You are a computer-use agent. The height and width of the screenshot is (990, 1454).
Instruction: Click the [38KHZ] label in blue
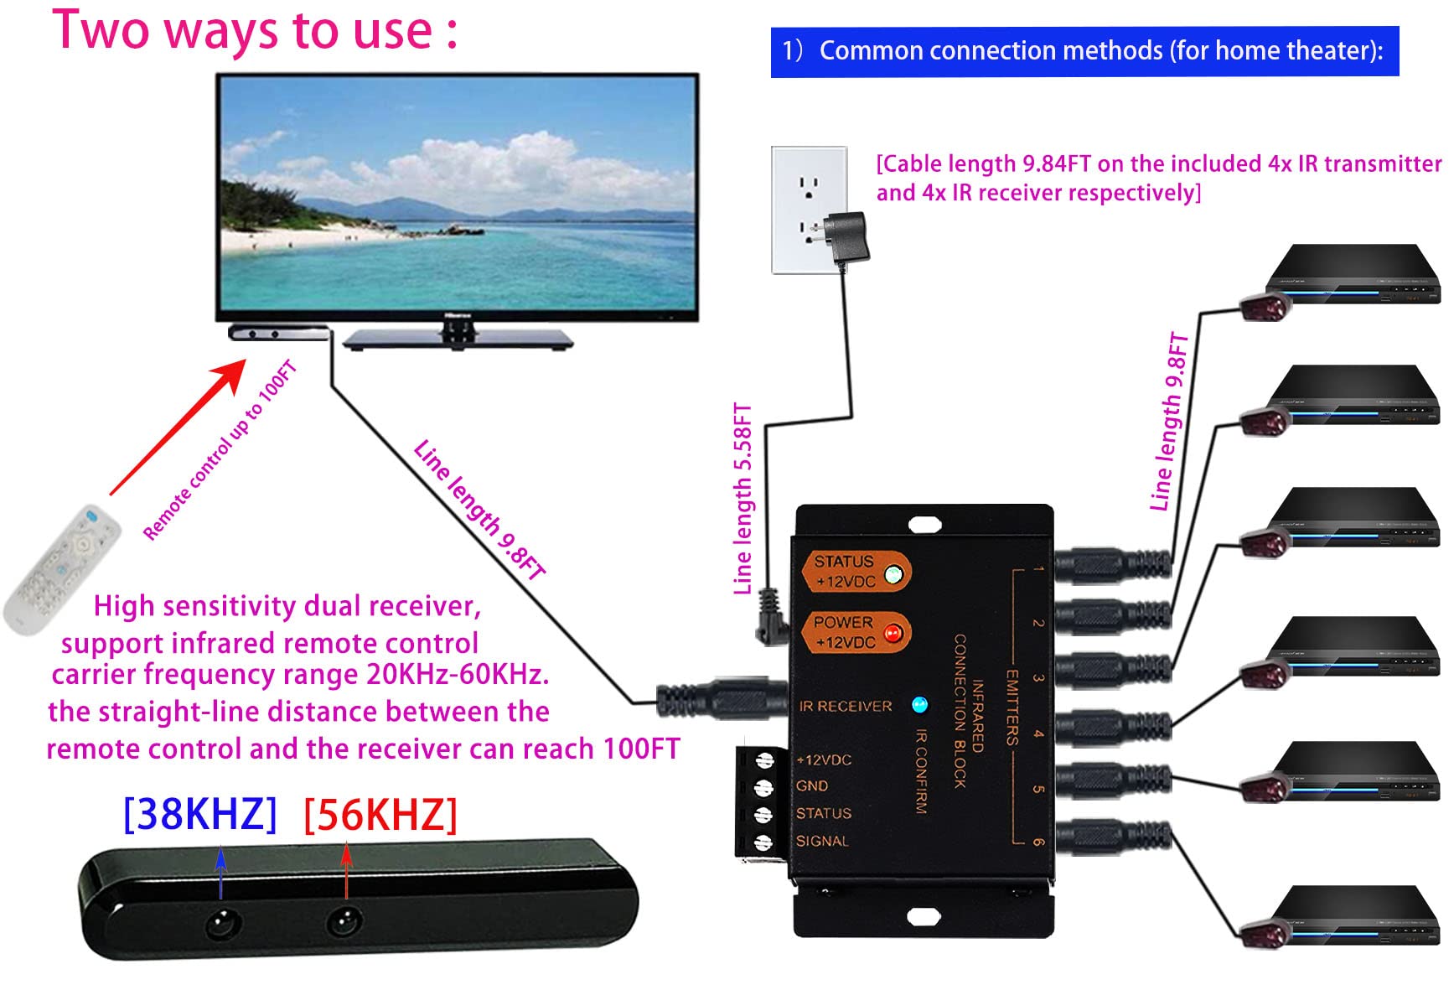coord(199,814)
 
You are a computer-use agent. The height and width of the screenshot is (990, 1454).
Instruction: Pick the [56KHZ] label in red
coord(380,814)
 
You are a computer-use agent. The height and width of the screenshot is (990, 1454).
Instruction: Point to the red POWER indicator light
coord(893,633)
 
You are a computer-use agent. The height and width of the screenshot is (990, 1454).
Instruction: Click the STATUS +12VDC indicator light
coord(894,574)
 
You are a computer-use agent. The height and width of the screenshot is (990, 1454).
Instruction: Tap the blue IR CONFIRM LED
coord(919,704)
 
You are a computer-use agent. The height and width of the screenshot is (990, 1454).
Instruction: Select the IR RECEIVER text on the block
coord(845,706)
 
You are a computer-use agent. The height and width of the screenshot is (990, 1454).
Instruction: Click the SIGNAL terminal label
coord(821,841)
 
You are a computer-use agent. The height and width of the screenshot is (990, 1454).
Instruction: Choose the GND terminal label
coord(811,786)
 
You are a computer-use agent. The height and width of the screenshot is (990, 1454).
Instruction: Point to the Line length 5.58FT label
coord(743,500)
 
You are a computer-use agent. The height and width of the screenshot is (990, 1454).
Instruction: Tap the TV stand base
coord(458,339)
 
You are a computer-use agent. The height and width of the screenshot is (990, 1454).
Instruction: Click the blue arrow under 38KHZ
coord(220,872)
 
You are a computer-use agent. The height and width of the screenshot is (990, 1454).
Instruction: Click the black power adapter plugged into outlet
coord(849,238)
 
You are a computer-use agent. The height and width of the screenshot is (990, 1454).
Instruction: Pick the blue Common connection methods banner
coord(1084,51)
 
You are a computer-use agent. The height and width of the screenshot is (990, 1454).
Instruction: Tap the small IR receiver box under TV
coord(277,333)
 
